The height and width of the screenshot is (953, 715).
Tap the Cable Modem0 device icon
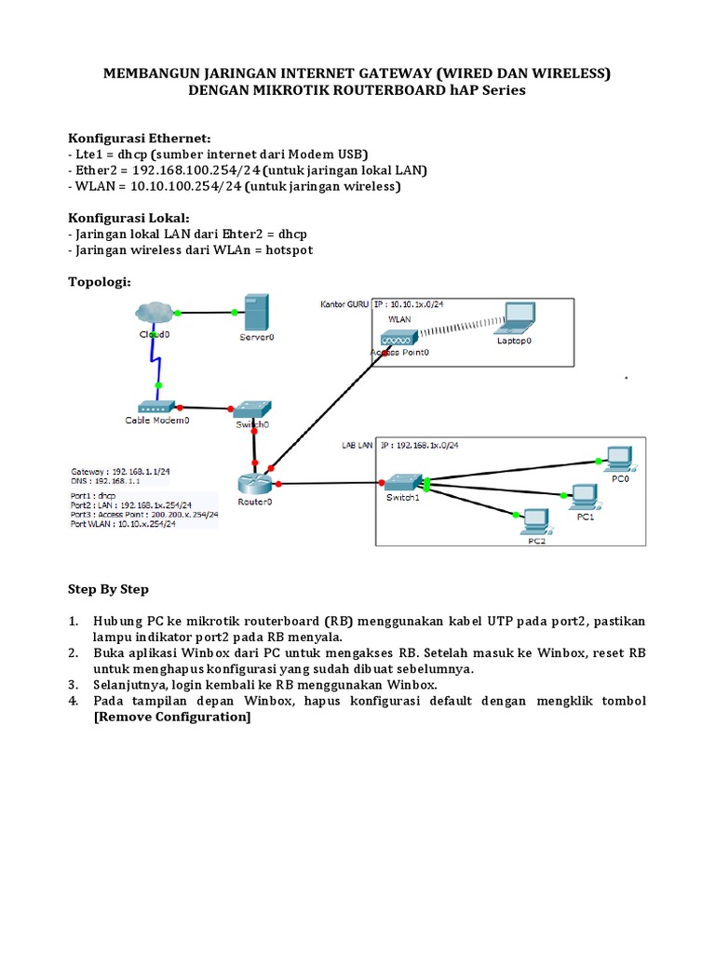156,407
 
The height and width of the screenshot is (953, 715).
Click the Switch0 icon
251,409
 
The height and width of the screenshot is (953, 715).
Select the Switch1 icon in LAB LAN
404,482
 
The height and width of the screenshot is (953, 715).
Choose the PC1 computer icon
585,496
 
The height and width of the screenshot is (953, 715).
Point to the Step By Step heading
108,590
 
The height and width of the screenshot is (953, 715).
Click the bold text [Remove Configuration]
172,718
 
